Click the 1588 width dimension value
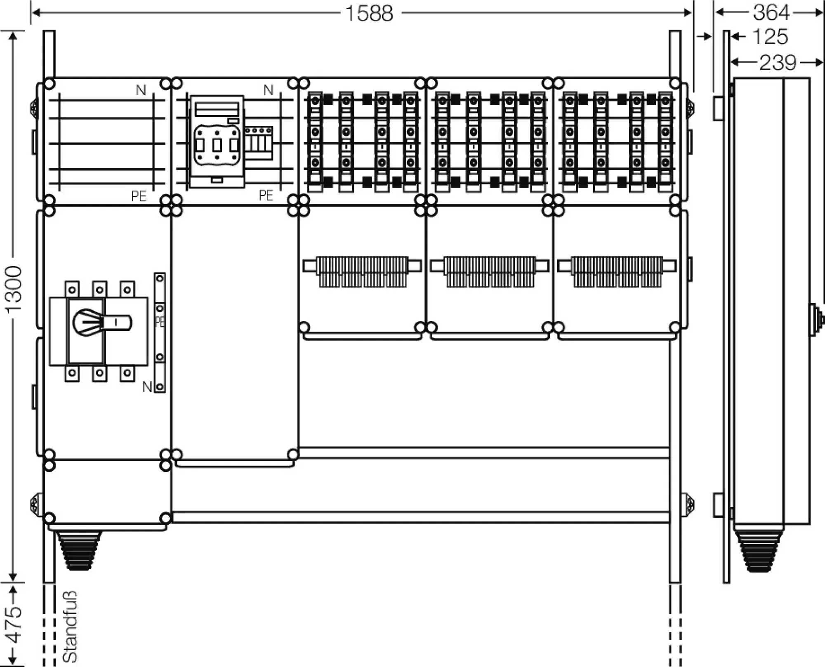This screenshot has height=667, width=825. (369, 14)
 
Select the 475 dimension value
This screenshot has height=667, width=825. (15, 625)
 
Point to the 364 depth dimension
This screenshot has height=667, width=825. (771, 12)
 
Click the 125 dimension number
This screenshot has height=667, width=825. (770, 37)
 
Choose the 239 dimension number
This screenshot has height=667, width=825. (778, 63)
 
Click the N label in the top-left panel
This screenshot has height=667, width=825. (141, 90)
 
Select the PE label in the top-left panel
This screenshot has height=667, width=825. (139, 196)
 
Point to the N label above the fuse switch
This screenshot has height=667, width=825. (269, 90)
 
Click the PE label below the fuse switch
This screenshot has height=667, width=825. (266, 196)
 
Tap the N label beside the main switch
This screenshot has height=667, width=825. (147, 387)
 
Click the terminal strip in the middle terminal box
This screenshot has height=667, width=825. (490, 271)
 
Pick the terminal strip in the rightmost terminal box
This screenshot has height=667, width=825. (617, 271)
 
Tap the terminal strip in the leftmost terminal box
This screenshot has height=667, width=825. (362, 271)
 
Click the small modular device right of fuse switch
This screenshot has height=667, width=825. (259, 143)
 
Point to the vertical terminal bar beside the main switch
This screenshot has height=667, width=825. (160, 332)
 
